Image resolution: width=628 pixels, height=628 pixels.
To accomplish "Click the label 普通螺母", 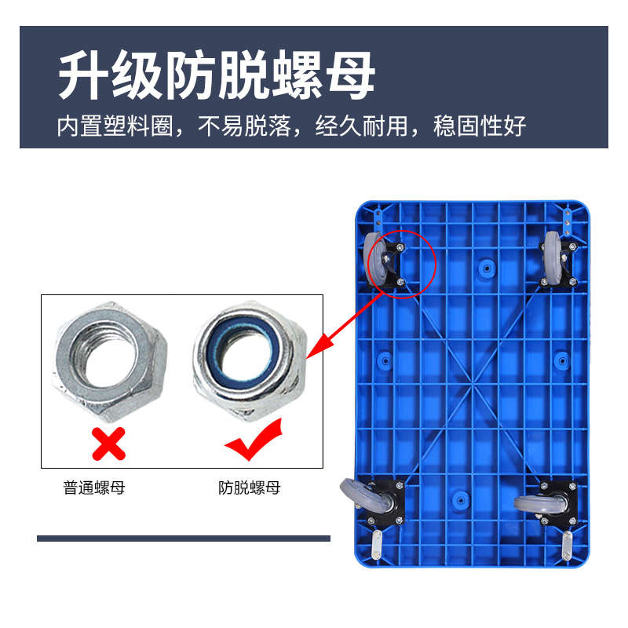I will [94, 488].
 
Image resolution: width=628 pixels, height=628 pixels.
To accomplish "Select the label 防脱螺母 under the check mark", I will [249, 488].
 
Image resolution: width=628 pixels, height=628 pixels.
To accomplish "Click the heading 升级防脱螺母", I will [217, 76].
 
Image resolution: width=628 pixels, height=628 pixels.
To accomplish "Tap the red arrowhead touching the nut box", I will [315, 352].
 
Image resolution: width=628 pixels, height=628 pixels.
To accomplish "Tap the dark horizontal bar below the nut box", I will [184, 539].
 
